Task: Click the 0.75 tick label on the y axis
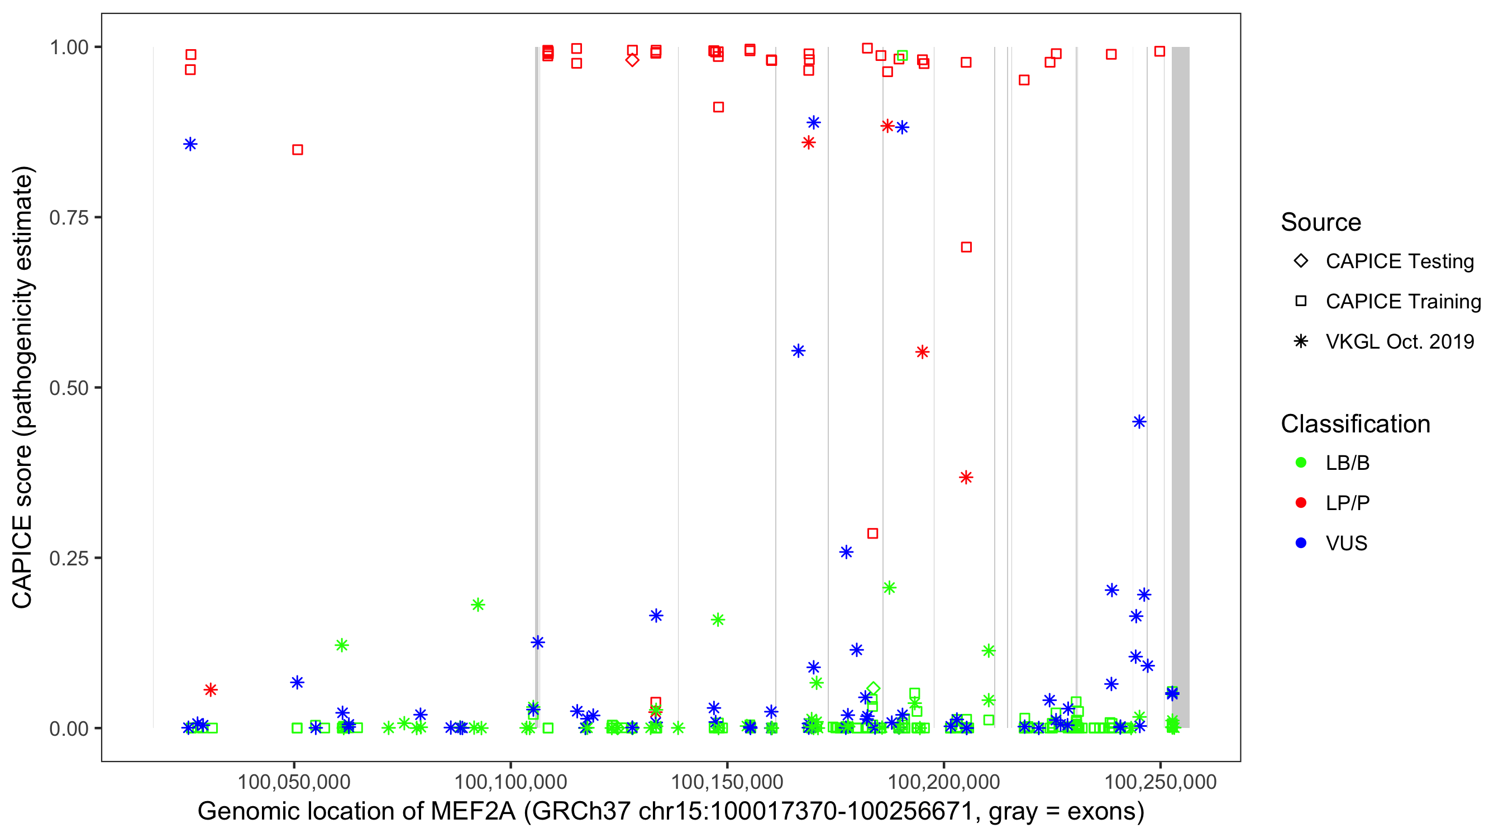point(69,218)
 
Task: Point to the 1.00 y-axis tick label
point(69,47)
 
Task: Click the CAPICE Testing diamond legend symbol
point(1301,261)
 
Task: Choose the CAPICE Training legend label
point(1403,302)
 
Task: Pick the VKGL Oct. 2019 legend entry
point(1400,341)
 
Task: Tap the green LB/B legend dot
point(1301,463)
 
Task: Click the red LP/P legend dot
point(1301,503)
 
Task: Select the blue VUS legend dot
point(1301,543)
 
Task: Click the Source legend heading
point(1321,222)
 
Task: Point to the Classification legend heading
point(1355,424)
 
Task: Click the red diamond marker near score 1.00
point(632,60)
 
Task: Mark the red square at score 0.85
point(297,150)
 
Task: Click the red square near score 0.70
point(966,247)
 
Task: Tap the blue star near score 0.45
point(1139,422)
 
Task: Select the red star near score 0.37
point(966,477)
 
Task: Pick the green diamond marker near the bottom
point(873,689)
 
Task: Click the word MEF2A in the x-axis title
point(473,812)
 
